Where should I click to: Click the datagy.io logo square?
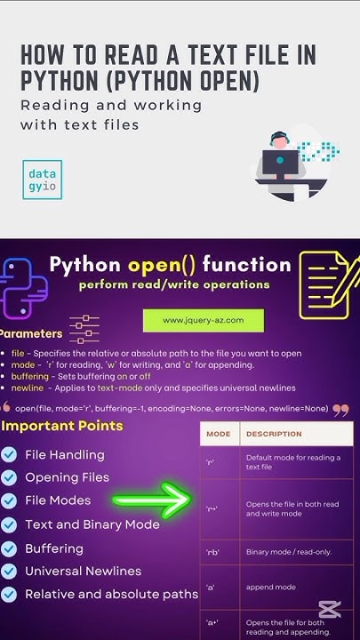(x=43, y=180)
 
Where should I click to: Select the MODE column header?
(x=219, y=434)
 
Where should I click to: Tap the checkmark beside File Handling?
(x=9, y=455)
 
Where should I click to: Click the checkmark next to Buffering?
(x=9, y=548)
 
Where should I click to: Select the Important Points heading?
(x=62, y=426)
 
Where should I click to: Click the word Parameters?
(x=32, y=334)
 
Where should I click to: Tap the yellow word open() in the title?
(x=163, y=264)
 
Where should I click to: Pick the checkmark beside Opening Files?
(x=9, y=478)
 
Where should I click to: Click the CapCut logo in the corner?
(x=329, y=610)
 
